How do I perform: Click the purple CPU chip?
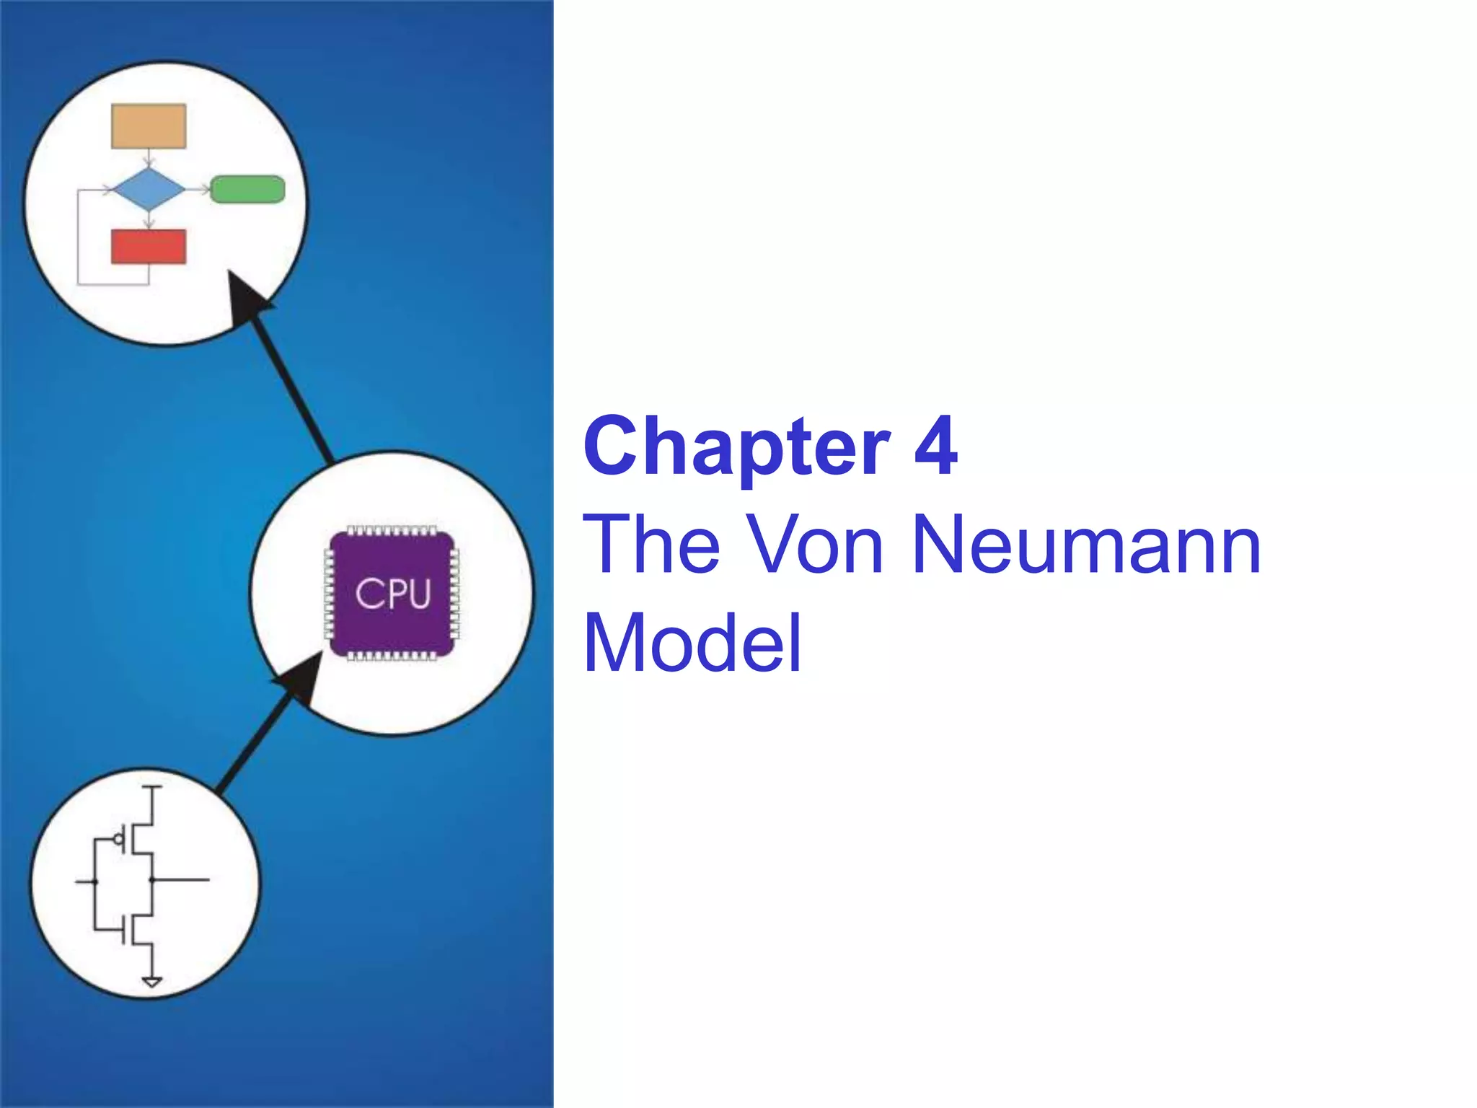coord(392,593)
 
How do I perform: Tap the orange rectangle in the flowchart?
coord(149,126)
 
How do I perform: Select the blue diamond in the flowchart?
coord(149,190)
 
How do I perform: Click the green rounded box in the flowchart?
coord(247,190)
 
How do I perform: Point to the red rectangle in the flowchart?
coord(149,247)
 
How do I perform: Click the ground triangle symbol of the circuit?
coord(152,982)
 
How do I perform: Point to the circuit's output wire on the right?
coord(184,880)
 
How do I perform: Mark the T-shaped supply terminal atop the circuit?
coord(151,788)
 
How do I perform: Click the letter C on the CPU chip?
coord(367,594)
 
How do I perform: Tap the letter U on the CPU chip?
coord(419,594)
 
